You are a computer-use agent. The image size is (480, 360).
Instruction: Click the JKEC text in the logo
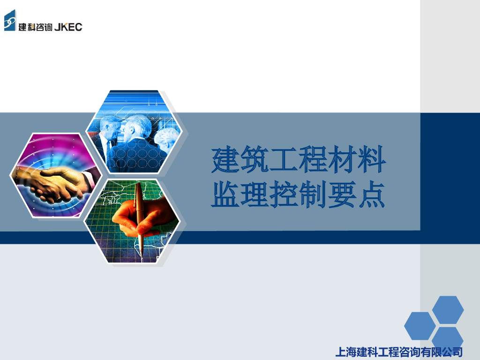click(x=68, y=27)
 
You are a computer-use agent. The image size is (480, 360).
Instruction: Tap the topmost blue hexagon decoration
click(x=448, y=309)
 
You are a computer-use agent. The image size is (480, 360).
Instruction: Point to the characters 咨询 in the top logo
click(x=42, y=27)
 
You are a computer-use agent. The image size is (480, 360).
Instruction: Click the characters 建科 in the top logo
click(x=26, y=27)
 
